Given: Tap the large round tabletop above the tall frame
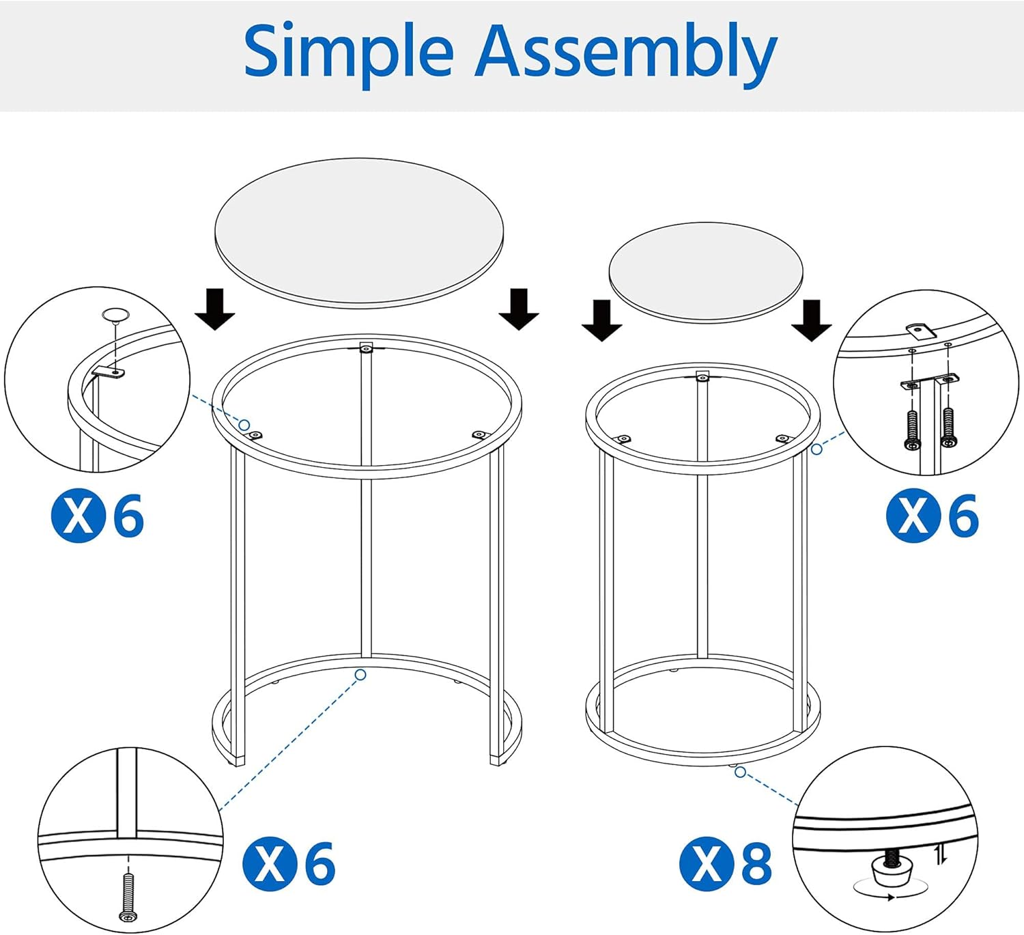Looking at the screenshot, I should coord(359,231).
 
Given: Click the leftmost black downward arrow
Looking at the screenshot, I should coord(215,309).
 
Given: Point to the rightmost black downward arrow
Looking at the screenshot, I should coord(811,320).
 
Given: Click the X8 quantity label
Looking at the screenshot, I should coord(726,863).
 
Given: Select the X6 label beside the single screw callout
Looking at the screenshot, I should coord(289,863).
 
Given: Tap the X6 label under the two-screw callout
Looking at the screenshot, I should coord(933,516).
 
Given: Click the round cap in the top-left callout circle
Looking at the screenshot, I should coord(115,316).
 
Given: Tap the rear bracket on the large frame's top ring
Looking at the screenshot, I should coord(367,347).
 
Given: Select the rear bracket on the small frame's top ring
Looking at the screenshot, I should coord(702,376).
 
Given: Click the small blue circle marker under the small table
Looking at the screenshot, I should coord(741,772).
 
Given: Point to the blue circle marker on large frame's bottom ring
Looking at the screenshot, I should coord(360,675).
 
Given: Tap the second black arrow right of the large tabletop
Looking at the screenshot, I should coord(519,309).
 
